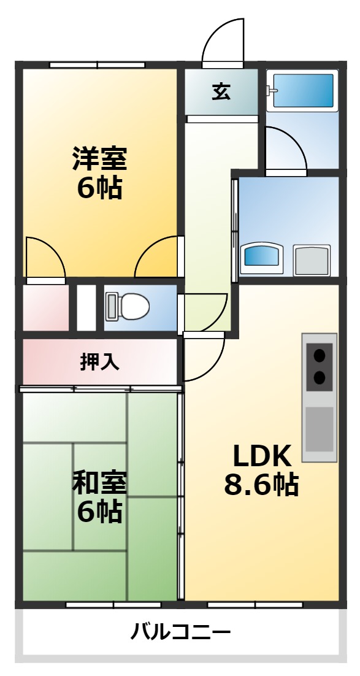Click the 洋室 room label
[x=99, y=159]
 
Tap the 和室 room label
[x=99, y=483]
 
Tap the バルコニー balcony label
[x=180, y=631]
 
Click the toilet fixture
[x=128, y=306]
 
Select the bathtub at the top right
[x=303, y=91]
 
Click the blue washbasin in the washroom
[x=263, y=258]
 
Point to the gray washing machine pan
[x=312, y=259]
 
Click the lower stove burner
[x=320, y=377]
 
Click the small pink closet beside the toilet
[x=46, y=307]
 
